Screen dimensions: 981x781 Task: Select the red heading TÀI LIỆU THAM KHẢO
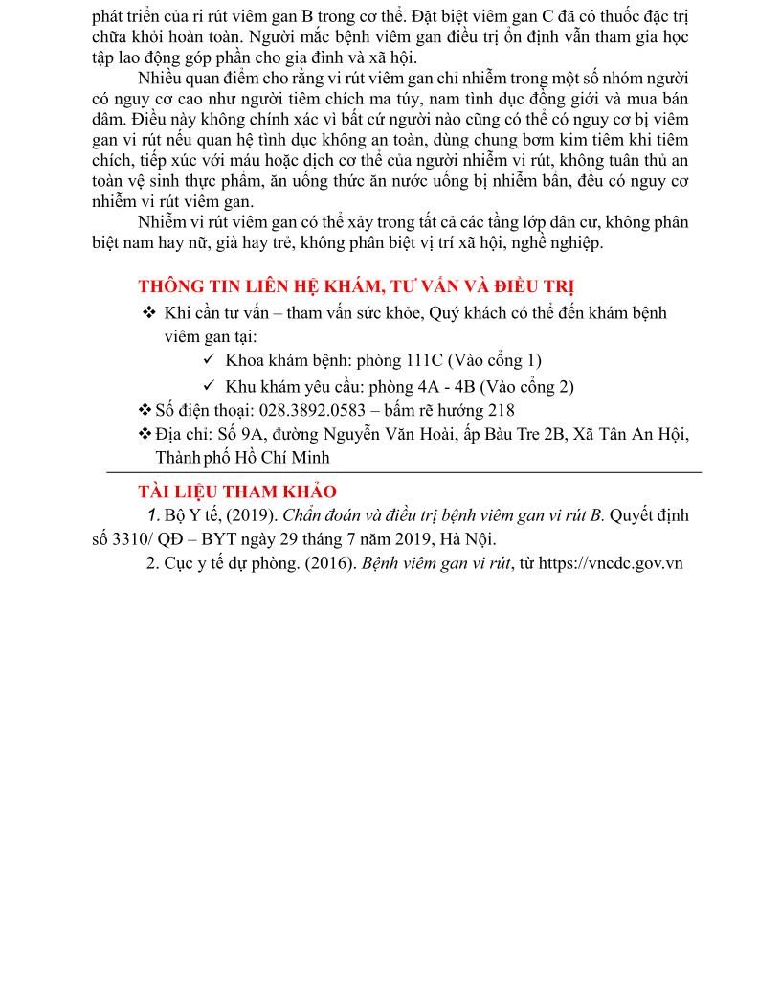[x=237, y=491]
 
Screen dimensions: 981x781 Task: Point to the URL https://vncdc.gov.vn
[x=611, y=562]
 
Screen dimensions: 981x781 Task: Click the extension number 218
[x=502, y=410]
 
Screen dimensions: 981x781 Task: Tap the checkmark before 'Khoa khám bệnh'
[x=210, y=360]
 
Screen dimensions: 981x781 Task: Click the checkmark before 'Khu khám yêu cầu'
[x=210, y=386]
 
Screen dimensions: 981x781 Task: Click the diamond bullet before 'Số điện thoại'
[x=145, y=410]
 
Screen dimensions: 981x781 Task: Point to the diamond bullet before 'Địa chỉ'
[x=145, y=434]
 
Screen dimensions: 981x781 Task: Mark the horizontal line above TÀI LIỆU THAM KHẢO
[x=403, y=472]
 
